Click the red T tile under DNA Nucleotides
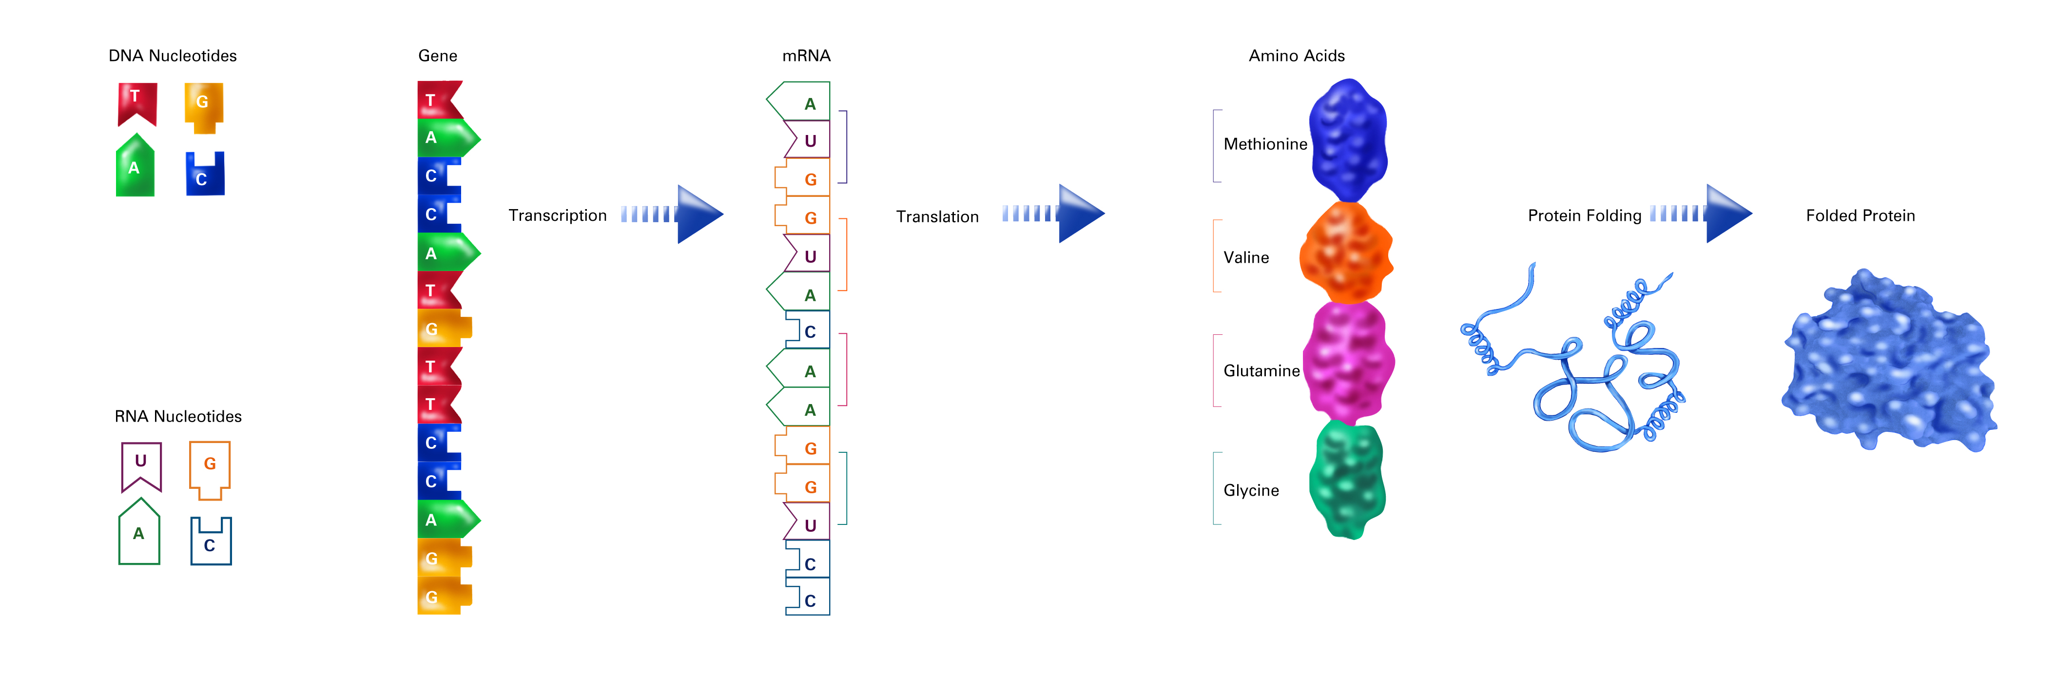click(137, 103)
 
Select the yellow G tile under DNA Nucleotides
click(204, 107)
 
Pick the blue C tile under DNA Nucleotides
click(205, 174)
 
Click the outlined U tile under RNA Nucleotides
click(141, 465)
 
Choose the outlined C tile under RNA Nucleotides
click(211, 541)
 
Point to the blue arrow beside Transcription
click(672, 214)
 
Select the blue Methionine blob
click(1349, 140)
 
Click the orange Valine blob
click(1346, 252)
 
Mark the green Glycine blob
click(1347, 480)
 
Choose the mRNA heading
click(806, 56)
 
